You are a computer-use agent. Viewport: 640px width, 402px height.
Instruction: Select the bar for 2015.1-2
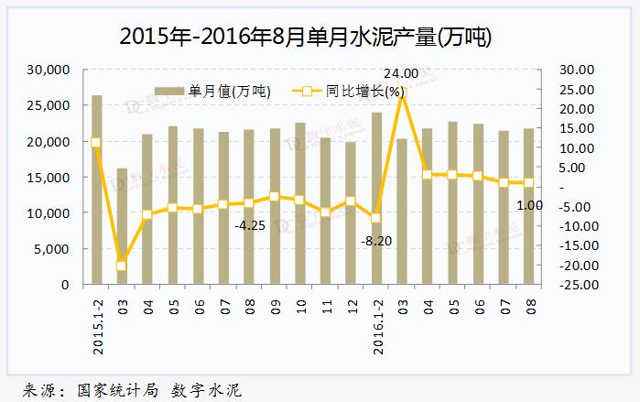pyautogui.click(x=96, y=190)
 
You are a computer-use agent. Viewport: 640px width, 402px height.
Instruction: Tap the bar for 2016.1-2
pyautogui.click(x=375, y=198)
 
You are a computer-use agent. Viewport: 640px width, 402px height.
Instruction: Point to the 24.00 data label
pyautogui.click(x=400, y=73)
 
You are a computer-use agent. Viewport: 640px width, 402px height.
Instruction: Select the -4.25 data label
pyautogui.click(x=250, y=224)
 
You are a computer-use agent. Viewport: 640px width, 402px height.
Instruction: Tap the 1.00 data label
pyautogui.click(x=529, y=206)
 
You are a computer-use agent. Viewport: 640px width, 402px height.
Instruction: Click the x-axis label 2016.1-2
pyautogui.click(x=376, y=326)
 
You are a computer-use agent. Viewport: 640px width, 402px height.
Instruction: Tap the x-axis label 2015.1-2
pyautogui.click(x=97, y=326)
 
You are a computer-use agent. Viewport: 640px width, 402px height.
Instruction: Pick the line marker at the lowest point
pyautogui.click(x=122, y=266)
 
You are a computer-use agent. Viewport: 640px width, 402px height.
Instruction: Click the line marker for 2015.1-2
pyautogui.click(x=96, y=142)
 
